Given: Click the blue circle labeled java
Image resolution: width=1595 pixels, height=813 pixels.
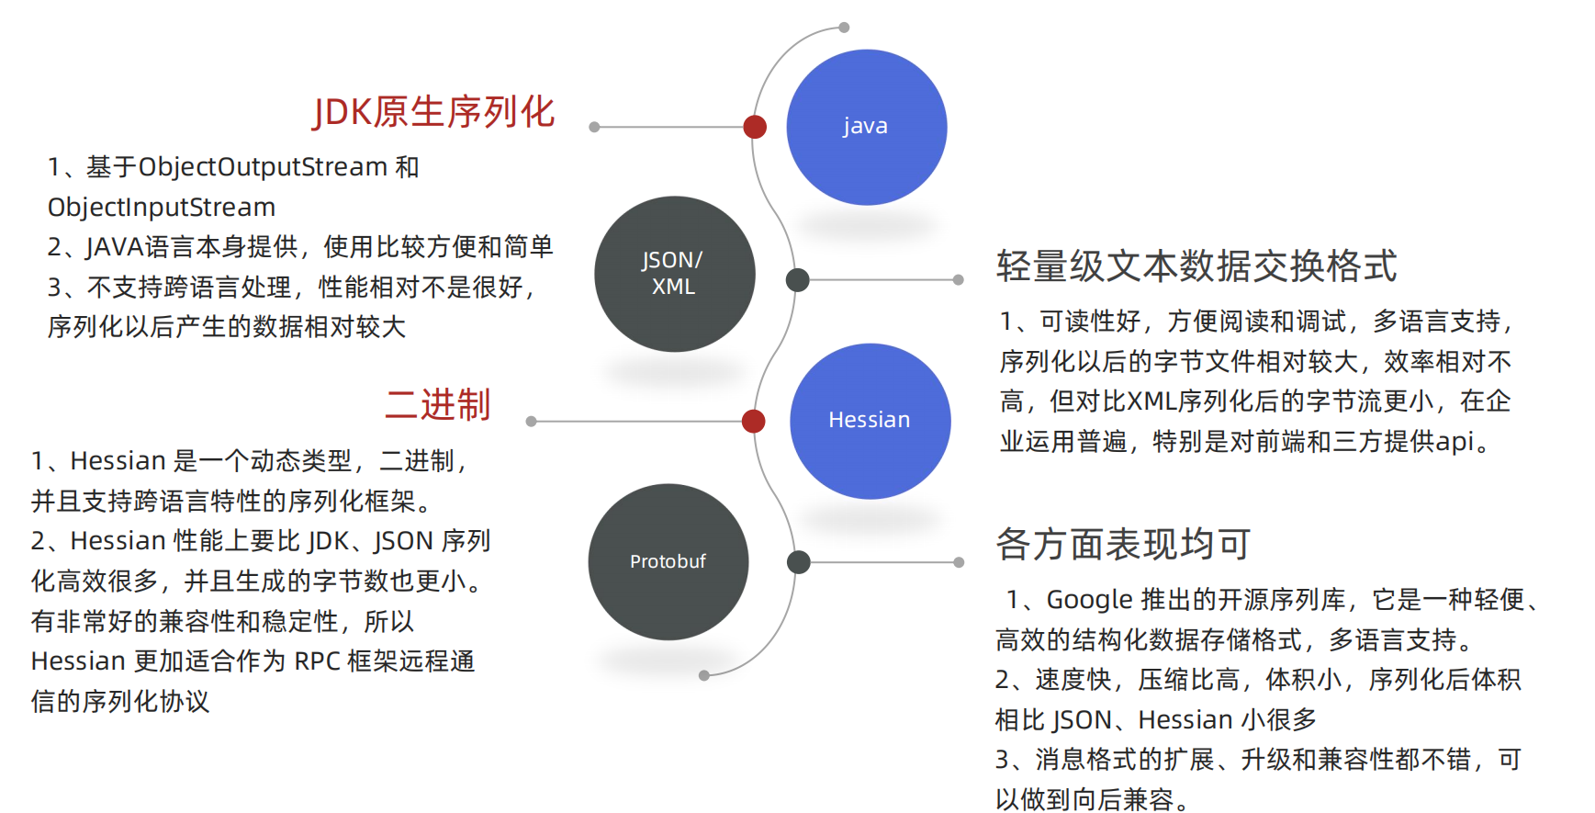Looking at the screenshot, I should point(866,127).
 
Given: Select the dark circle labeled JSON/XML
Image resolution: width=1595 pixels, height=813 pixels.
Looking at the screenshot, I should point(674,274).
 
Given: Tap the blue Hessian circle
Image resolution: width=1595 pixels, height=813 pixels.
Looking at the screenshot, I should point(870,421).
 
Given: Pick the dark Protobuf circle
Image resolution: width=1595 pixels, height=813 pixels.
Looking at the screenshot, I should point(668,561).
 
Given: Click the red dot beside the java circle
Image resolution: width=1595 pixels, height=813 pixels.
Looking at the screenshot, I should point(755,127).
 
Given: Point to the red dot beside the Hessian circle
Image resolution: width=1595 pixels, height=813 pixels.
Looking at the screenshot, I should point(754,421).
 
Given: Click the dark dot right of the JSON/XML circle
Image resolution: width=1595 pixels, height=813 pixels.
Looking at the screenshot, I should point(798,280).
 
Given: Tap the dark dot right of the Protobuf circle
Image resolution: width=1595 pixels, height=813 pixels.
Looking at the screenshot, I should point(799,562).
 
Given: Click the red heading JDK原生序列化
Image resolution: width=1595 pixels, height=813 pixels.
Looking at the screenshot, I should point(433,112).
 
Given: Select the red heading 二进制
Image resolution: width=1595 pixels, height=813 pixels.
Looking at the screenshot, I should point(437,405).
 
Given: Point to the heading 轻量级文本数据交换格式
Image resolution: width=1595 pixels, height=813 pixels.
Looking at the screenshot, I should point(1196,266).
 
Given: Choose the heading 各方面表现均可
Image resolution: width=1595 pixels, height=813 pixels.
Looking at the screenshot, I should point(1123,545).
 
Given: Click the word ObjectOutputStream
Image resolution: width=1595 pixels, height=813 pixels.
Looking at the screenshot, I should point(263,167).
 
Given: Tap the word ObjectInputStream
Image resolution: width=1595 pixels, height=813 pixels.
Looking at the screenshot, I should point(162,208).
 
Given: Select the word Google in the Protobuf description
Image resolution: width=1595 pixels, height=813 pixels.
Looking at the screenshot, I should point(1089,600).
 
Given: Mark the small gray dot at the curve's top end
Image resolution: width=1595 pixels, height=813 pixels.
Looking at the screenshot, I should point(844,28).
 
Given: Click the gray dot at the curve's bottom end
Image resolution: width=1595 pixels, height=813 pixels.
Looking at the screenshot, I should point(704,675).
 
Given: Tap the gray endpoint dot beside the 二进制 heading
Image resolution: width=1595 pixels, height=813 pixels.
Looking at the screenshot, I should point(531,421).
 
